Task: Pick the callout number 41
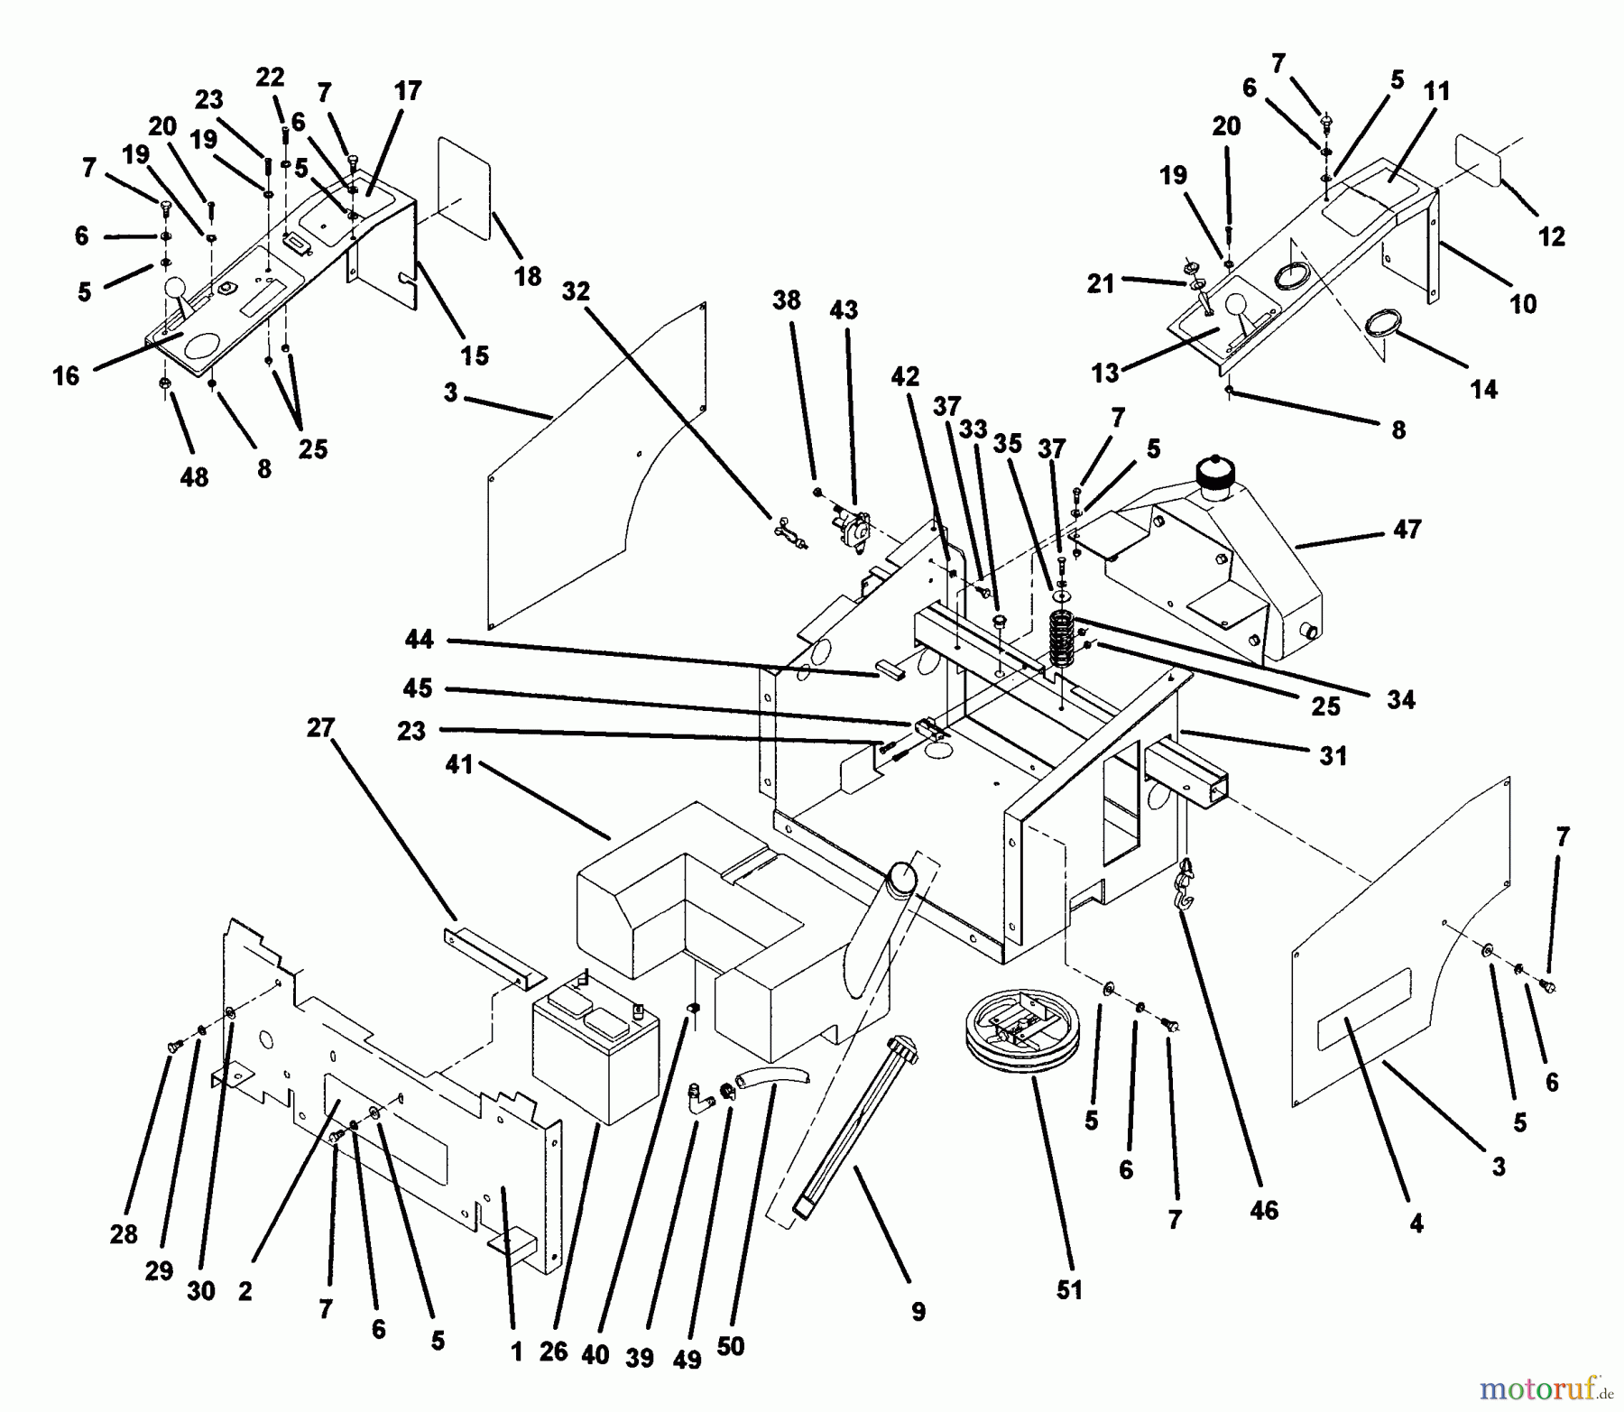[459, 766]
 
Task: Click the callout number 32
[576, 291]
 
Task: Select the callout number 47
[1407, 529]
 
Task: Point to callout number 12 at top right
[1551, 236]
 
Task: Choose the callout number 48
[194, 476]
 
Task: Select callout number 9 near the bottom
[918, 1311]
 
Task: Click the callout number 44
[420, 640]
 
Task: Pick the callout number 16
[66, 375]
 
